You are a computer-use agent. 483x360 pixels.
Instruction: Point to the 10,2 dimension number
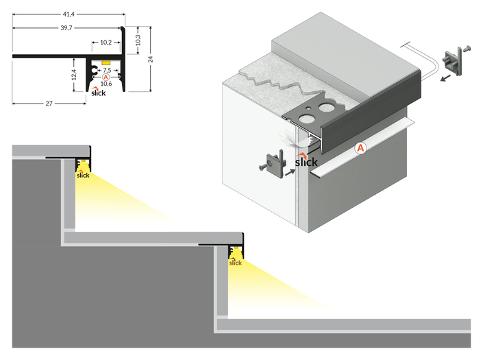[x=106, y=43]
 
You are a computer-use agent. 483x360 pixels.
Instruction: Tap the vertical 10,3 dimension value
[x=139, y=40]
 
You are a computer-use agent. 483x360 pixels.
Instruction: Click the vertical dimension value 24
[x=151, y=58]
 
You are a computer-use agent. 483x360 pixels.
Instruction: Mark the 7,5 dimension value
[x=106, y=70]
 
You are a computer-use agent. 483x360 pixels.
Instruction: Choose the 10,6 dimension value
[x=106, y=84]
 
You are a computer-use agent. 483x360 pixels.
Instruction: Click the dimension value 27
[x=49, y=104]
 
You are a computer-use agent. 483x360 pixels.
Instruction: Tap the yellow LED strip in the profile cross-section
[x=106, y=62]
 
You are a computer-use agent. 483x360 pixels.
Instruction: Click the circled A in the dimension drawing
[x=106, y=77]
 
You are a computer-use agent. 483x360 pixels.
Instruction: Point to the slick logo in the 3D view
[x=307, y=161]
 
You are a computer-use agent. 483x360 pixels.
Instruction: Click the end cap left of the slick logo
[x=275, y=165]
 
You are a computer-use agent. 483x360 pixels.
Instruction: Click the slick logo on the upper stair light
[x=83, y=174]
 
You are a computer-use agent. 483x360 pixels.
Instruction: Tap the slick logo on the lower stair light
[x=235, y=261]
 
